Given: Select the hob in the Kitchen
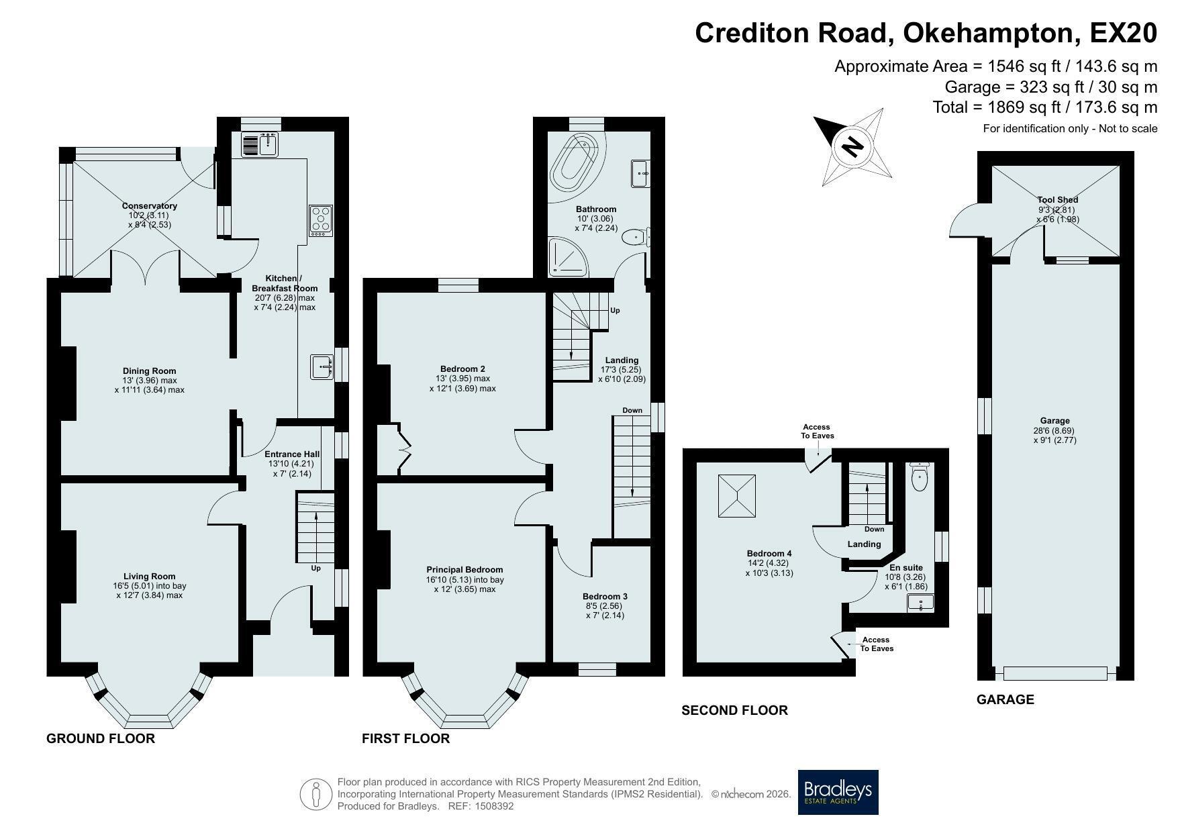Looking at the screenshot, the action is click(x=321, y=219).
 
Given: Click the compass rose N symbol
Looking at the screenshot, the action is click(x=852, y=146).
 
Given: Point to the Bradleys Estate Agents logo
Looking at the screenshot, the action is click(x=838, y=792).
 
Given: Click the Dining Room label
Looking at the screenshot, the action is click(x=149, y=371).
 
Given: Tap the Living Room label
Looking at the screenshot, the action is click(x=149, y=576).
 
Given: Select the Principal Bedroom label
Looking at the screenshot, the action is click(x=464, y=570).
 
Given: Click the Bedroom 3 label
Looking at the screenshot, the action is click(x=605, y=597).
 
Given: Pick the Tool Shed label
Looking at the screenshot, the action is click(x=1057, y=200).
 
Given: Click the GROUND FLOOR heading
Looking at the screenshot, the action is click(x=101, y=738).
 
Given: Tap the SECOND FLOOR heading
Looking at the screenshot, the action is click(x=734, y=710).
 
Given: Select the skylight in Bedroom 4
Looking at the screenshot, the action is click(x=737, y=496).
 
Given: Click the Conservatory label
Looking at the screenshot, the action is click(x=150, y=206).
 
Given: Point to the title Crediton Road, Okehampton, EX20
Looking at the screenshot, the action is click(x=926, y=32).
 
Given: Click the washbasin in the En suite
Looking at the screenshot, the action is click(x=920, y=602).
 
